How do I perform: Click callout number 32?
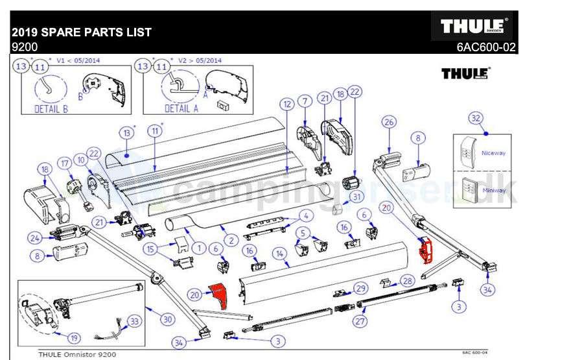[476, 118]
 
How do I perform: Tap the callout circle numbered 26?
[388, 121]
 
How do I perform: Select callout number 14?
[280, 254]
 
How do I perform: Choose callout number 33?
[134, 320]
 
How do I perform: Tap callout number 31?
[357, 197]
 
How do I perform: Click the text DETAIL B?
[51, 109]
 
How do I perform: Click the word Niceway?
[493, 154]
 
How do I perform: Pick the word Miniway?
[493, 191]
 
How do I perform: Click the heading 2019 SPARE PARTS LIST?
[82, 32]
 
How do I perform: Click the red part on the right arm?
[426, 251]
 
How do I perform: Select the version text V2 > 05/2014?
[202, 60]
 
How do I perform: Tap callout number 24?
[34, 238]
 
